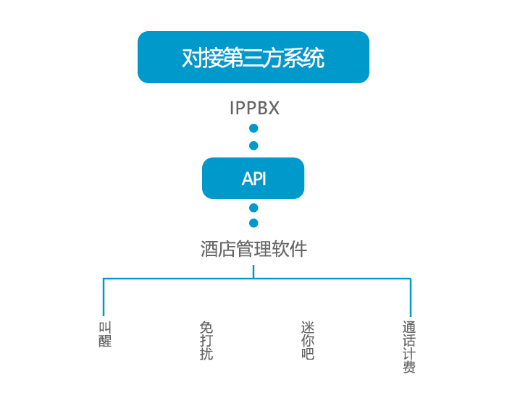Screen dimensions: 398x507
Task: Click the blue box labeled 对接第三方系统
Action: (x=253, y=57)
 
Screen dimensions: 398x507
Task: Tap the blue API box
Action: (x=253, y=178)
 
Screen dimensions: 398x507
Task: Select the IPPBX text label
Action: (x=254, y=109)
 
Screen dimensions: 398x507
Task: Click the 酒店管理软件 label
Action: (x=253, y=250)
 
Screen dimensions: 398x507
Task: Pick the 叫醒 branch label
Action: (x=105, y=334)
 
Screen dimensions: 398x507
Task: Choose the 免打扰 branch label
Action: (x=206, y=341)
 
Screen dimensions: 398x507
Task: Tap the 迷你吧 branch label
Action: (x=308, y=341)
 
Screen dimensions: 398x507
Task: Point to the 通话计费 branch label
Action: (x=409, y=347)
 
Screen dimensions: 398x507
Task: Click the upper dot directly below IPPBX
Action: (x=253, y=129)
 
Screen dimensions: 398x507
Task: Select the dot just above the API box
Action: (x=253, y=145)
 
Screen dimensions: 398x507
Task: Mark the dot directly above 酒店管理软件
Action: (x=253, y=223)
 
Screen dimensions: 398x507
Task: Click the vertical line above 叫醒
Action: (x=104, y=297)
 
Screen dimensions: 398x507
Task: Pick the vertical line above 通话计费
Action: (x=411, y=297)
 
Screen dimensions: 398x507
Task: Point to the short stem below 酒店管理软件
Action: (x=253, y=271)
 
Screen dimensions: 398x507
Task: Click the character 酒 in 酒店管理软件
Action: (x=209, y=250)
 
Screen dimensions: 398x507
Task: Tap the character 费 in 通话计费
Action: (x=409, y=367)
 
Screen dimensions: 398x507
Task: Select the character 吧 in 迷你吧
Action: (x=308, y=354)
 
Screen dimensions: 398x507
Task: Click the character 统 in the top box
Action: (x=314, y=58)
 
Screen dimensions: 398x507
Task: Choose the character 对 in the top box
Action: (x=192, y=58)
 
